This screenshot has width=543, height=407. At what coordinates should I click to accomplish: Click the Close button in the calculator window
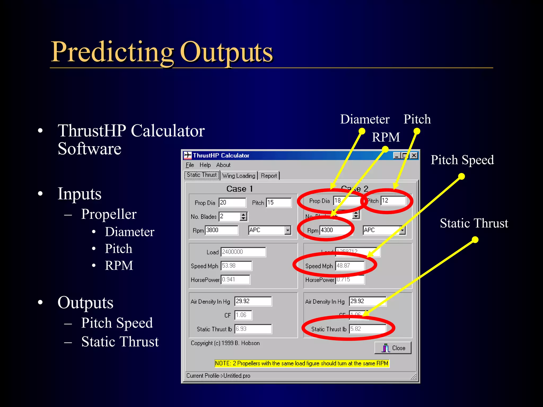pos(393,348)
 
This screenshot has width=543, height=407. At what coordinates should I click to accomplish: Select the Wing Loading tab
pos(239,176)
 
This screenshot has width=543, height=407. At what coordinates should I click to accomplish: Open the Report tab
pos(269,176)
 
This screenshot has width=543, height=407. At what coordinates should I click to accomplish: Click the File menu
pos(190,165)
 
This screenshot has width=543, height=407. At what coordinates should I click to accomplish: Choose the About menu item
pos(223,165)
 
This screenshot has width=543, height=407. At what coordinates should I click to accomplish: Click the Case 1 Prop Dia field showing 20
pos(232,202)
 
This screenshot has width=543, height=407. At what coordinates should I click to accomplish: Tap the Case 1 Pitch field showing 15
pos(279,202)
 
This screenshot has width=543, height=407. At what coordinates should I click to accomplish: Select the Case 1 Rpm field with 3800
pos(222,230)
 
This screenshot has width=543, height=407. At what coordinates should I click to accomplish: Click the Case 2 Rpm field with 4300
pos(335,230)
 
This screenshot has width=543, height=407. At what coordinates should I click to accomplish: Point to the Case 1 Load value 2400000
pos(243,252)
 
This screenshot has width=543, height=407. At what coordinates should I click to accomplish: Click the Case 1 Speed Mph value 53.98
pos(236,266)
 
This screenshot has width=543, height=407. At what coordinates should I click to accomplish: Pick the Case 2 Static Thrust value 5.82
pos(367,329)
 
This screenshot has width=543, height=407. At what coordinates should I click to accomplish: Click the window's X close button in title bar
pos(414,156)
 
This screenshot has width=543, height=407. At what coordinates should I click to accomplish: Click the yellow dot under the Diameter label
pos(362,131)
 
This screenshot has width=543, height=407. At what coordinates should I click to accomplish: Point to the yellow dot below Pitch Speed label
pos(461,176)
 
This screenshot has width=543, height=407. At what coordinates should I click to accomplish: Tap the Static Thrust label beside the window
pos(474,223)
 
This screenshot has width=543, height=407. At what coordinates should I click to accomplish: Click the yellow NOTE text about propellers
pos(302,363)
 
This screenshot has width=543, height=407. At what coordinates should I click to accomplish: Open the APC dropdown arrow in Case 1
pos(288,230)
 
